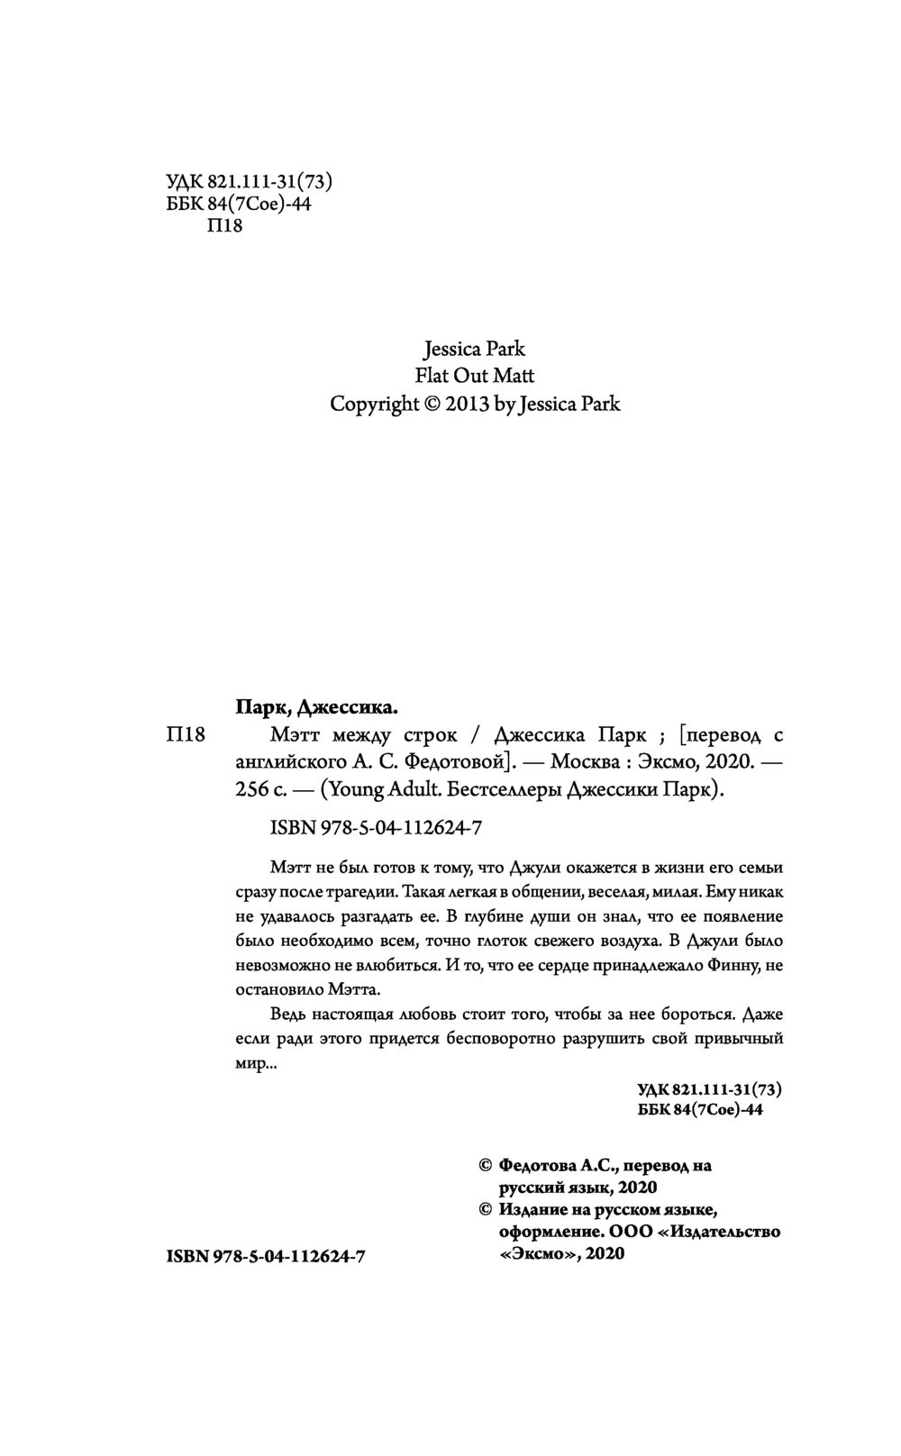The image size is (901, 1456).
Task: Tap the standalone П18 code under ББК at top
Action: tap(224, 225)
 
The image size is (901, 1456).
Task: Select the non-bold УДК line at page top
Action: tap(250, 181)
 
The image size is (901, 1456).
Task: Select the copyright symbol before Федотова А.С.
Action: tap(484, 1165)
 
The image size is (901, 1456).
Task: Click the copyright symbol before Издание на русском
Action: tap(484, 1209)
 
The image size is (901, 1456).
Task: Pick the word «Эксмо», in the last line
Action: tap(539, 1253)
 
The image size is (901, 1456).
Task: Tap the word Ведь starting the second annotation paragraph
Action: tap(288, 1013)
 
